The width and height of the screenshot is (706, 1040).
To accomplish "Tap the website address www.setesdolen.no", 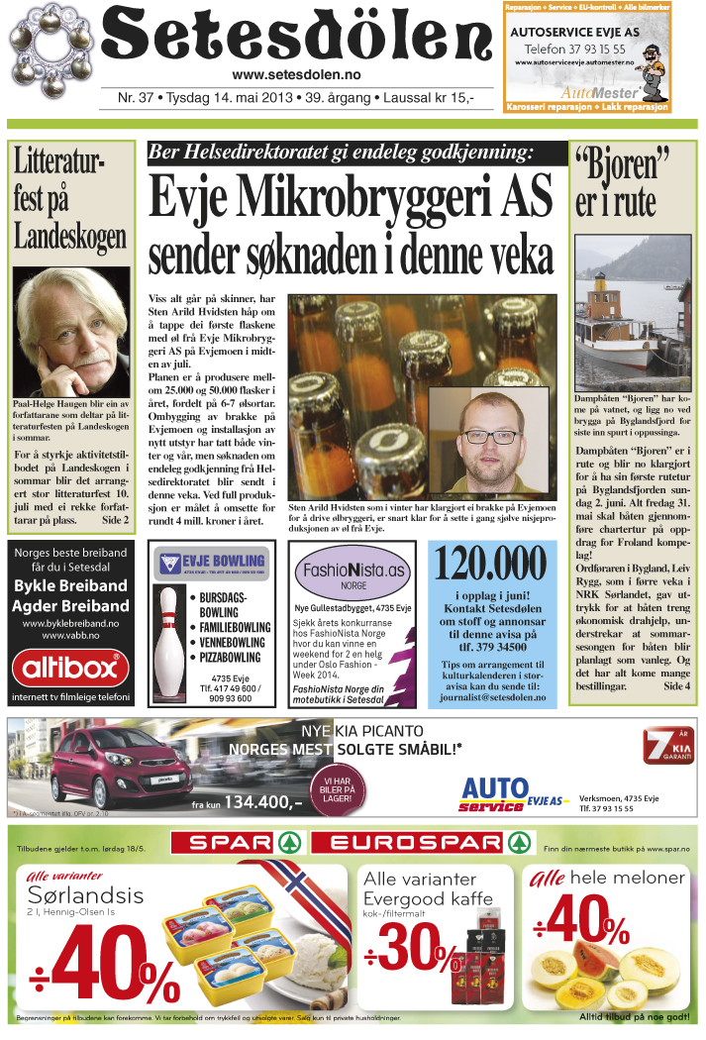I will click(x=296, y=75).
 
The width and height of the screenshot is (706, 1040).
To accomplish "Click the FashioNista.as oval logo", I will click(x=353, y=572).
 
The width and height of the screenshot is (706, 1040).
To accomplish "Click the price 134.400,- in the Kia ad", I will click(x=263, y=802).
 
